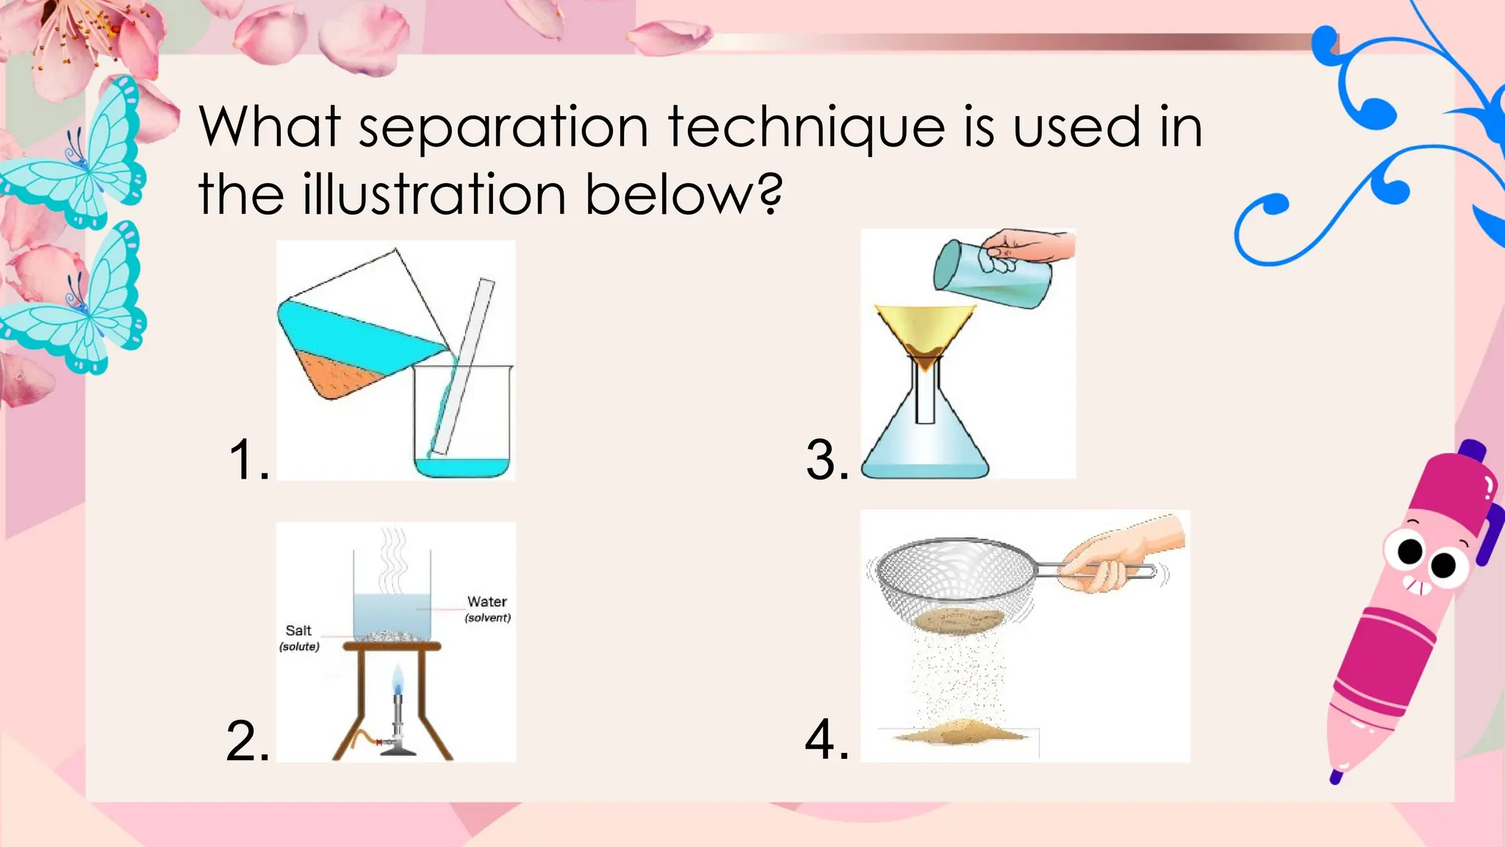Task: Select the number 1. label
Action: click(x=248, y=460)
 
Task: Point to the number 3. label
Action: click(x=827, y=460)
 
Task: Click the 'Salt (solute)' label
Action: click(x=299, y=637)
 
